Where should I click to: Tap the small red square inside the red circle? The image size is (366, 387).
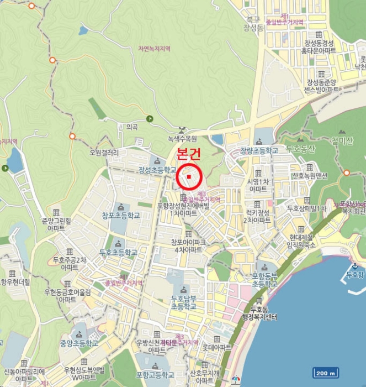(x=189, y=177)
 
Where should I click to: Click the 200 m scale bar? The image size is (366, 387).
(x=326, y=373)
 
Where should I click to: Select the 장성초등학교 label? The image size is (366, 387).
(x=157, y=169)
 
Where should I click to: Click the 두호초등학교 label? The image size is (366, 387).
(x=118, y=252)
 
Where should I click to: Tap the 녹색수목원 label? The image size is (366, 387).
(x=183, y=140)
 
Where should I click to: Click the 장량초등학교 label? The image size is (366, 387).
(x=259, y=150)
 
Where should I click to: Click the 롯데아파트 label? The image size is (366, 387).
(x=216, y=347)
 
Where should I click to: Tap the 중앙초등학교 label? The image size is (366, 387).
(x=79, y=343)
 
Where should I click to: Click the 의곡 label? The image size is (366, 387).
(x=131, y=127)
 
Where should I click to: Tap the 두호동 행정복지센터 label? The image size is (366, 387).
(x=263, y=313)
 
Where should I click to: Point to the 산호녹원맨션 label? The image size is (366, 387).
(x=309, y=175)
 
